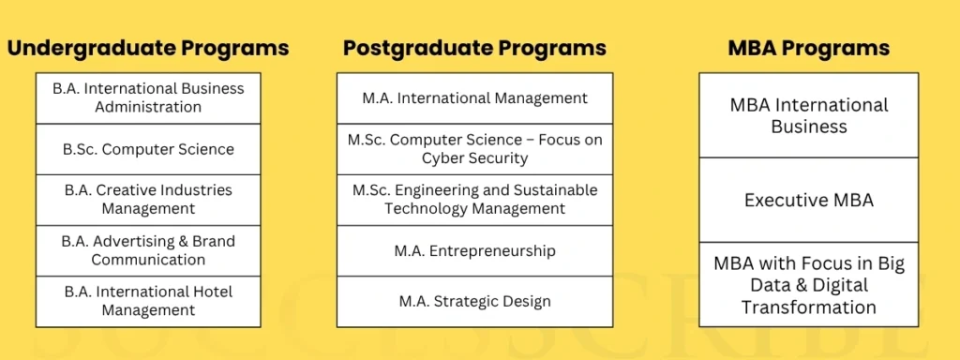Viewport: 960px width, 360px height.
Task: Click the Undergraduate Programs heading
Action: click(x=148, y=48)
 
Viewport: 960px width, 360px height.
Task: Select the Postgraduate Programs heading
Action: click(x=474, y=48)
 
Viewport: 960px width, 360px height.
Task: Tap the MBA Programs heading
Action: click(x=809, y=48)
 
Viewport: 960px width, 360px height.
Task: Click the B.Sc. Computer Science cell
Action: click(x=148, y=149)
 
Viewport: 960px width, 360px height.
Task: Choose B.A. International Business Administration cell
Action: click(x=148, y=97)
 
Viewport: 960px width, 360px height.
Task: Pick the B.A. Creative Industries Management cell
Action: click(x=148, y=199)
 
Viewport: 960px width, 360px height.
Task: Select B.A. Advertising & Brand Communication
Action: click(x=148, y=250)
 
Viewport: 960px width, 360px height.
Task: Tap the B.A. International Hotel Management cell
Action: click(x=148, y=301)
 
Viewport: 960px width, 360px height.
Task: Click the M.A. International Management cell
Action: click(x=474, y=97)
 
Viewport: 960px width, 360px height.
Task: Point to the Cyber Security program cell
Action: click(x=474, y=149)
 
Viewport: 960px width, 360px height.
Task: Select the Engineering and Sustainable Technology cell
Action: click(x=474, y=199)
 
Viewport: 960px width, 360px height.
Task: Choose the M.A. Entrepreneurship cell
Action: click(x=474, y=250)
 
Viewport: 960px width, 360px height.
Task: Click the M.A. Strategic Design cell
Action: click(x=474, y=301)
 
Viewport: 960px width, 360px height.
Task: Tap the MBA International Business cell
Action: click(x=809, y=115)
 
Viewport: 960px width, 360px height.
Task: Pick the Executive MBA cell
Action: click(x=809, y=200)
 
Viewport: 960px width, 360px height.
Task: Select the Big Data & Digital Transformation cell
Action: click(x=809, y=285)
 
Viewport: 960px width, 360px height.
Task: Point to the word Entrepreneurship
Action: click(x=490, y=250)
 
